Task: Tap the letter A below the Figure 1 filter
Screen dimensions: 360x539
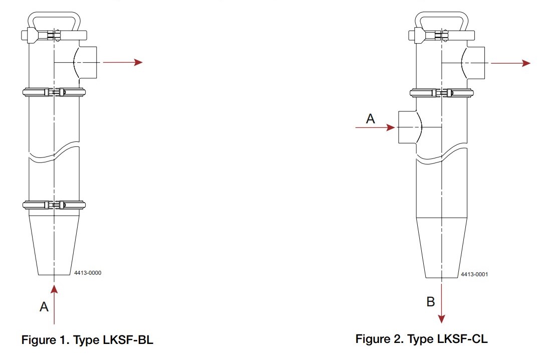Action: coord(44,306)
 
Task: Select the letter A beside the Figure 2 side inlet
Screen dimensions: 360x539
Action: coord(370,118)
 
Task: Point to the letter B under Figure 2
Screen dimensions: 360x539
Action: coord(430,302)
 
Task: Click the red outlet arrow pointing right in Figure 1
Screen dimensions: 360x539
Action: coord(123,62)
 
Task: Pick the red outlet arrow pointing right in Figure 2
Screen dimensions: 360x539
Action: coord(510,63)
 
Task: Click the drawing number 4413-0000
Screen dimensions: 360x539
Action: coord(88,273)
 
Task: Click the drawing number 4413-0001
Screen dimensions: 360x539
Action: coord(474,274)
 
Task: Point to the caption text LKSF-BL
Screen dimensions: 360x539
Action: coord(132,340)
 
